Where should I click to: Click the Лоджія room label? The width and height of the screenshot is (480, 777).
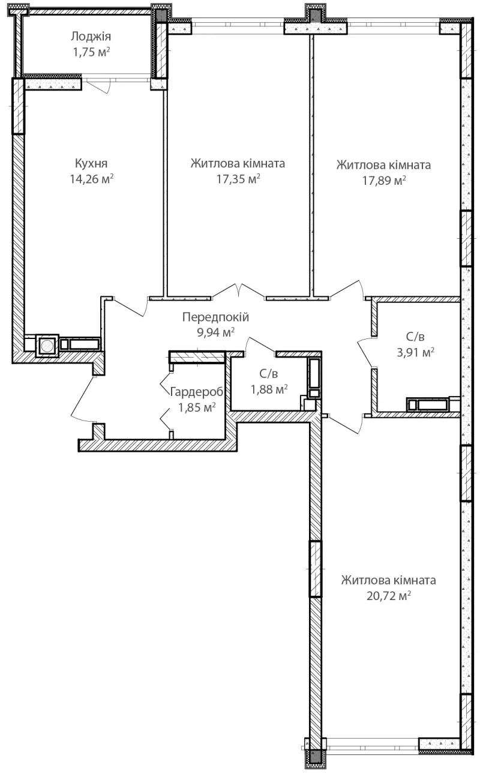pyautogui.click(x=91, y=37)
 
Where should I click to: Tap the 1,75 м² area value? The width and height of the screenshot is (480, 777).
pyautogui.click(x=91, y=52)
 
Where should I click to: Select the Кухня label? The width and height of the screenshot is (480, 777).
pyautogui.click(x=91, y=163)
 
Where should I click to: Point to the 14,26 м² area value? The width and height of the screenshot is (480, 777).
pyautogui.click(x=92, y=179)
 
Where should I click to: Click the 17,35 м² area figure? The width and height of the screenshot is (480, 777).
pyautogui.click(x=238, y=179)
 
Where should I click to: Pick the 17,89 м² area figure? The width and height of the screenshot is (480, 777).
pyautogui.click(x=384, y=181)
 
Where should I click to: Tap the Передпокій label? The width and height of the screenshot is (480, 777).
pyautogui.click(x=216, y=317)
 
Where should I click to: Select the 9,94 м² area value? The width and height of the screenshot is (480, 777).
pyautogui.click(x=216, y=332)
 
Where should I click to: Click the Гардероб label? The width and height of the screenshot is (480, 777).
pyautogui.click(x=197, y=392)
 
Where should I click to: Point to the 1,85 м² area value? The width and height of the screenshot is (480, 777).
pyautogui.click(x=197, y=407)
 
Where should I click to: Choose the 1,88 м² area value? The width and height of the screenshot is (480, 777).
pyautogui.click(x=269, y=389)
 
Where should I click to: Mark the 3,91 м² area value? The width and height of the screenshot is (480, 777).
pyautogui.click(x=415, y=352)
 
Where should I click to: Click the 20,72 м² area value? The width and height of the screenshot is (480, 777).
pyautogui.click(x=389, y=596)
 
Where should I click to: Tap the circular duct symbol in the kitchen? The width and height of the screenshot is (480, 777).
pyautogui.click(x=47, y=346)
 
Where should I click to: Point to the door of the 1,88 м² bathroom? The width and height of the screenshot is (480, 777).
pyautogui.click(x=261, y=344)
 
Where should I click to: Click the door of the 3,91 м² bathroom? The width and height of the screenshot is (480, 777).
pyautogui.click(x=365, y=353)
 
